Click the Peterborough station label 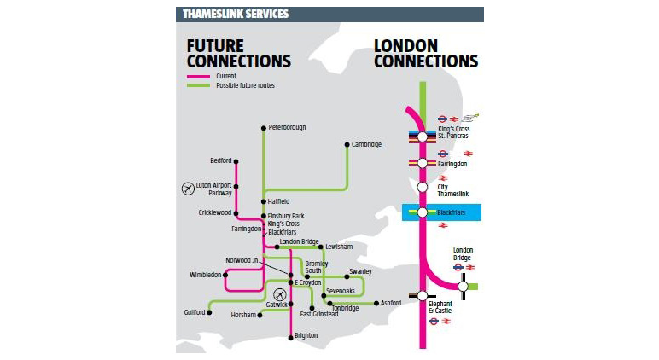click(x=287, y=127)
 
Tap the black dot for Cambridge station click(x=347, y=144)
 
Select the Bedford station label click(x=221, y=160)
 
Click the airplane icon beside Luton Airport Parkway click(x=188, y=189)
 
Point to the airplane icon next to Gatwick click(x=277, y=294)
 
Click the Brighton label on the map click(x=306, y=335)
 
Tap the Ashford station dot click(x=375, y=303)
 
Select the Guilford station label click(x=195, y=312)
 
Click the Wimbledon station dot click(x=226, y=275)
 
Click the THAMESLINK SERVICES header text click(x=235, y=15)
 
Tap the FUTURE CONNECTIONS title click(x=238, y=53)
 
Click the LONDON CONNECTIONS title click(x=426, y=53)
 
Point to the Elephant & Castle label click(x=440, y=307)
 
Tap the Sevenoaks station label click(x=340, y=291)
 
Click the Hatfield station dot click(x=264, y=201)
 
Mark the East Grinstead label click(x=319, y=314)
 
